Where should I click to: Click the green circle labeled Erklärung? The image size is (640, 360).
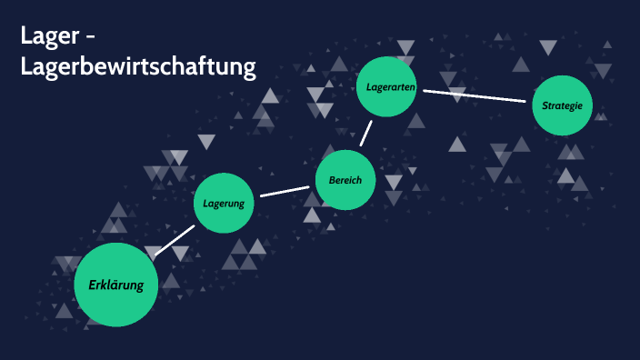tap(115, 285)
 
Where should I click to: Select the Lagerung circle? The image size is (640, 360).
tap(224, 203)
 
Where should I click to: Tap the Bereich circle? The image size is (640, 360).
tap(345, 180)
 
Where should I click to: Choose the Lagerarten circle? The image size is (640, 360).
tap(391, 87)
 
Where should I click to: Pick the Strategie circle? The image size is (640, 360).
tap(562, 105)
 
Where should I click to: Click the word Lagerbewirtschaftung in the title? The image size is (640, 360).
tap(139, 66)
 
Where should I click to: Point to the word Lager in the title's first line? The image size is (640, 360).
tap(53, 37)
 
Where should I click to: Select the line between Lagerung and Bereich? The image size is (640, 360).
tap(285, 191)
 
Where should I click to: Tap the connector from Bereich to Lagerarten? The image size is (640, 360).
tap(366, 133)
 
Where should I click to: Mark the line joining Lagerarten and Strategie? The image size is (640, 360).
tap(475, 95)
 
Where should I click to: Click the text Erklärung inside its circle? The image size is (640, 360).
tap(116, 285)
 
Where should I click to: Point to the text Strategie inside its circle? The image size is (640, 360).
tap(562, 105)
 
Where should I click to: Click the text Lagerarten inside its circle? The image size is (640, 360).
tap(391, 87)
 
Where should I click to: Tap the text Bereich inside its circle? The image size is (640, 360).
tap(345, 180)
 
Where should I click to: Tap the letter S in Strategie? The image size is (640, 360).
tap(545, 105)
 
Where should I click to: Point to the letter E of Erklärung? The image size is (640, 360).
tap(93, 285)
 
